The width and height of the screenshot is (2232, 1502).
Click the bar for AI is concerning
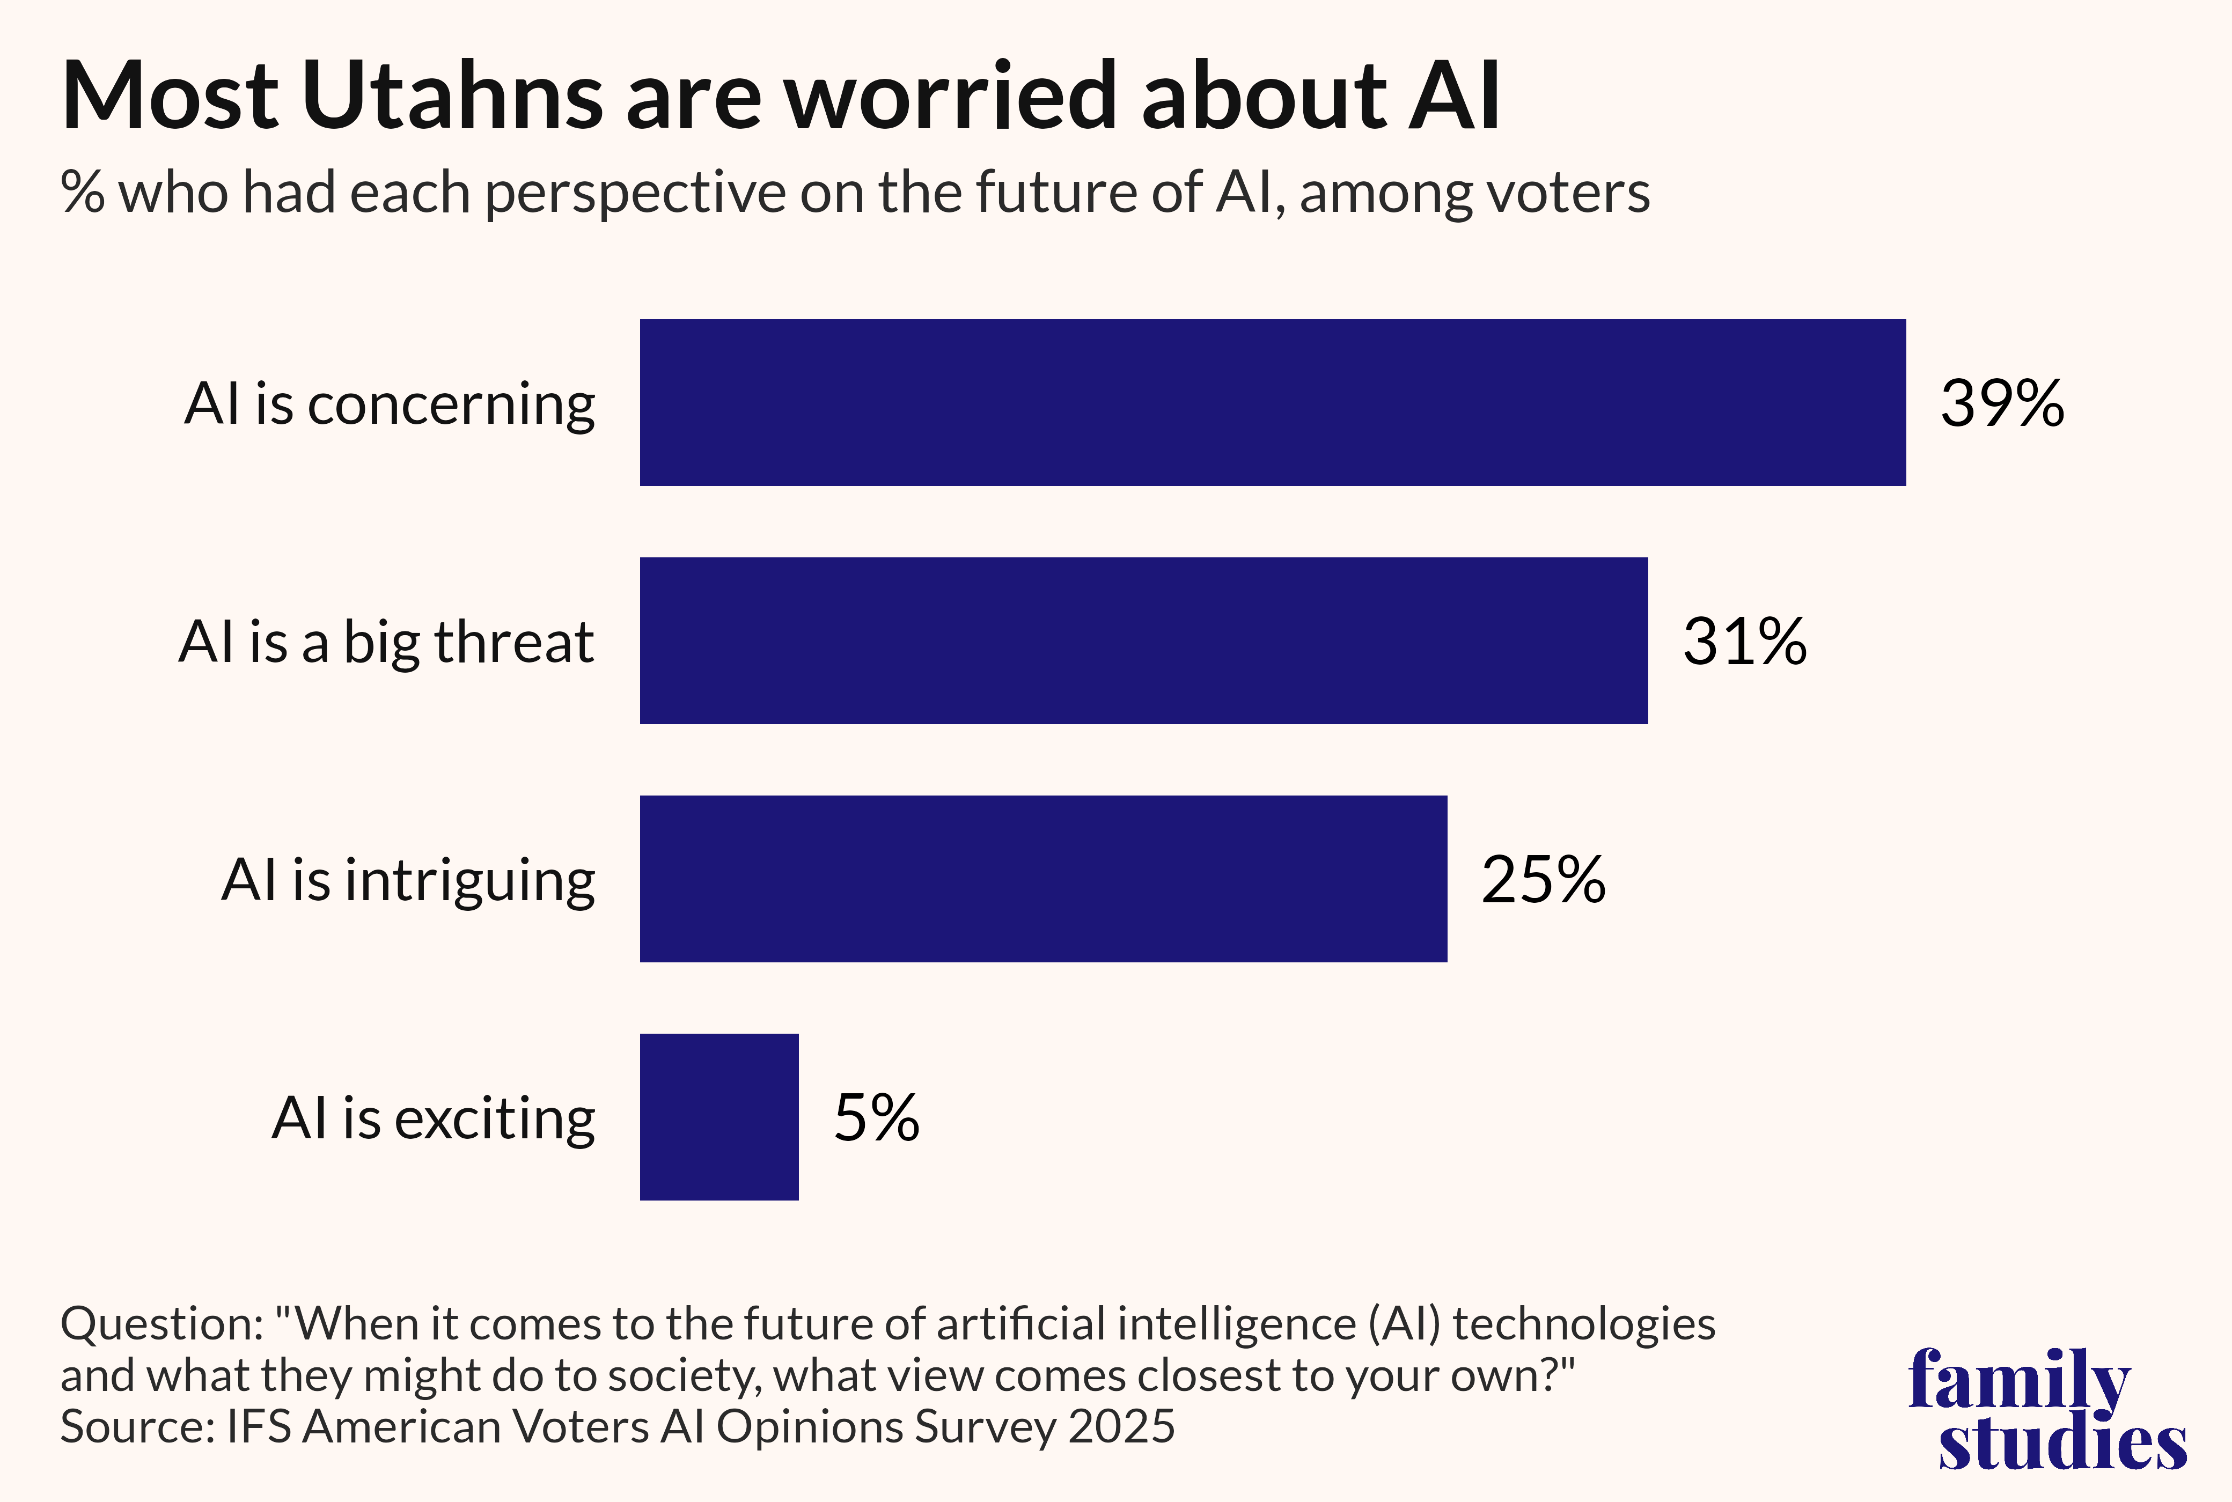[1272, 402]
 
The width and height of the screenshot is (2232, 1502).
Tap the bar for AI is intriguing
[1043, 879]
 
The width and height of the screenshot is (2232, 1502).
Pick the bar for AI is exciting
[718, 1117]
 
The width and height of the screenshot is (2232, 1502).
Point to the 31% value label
[1744, 642]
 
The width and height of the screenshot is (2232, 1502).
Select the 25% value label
[1543, 879]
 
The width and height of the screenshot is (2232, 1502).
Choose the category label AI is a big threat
[386, 642]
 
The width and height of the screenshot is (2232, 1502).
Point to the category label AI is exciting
[433, 1118]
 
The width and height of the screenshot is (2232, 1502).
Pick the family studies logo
[2048, 1408]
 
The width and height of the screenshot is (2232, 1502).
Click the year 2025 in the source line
[1121, 1426]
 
